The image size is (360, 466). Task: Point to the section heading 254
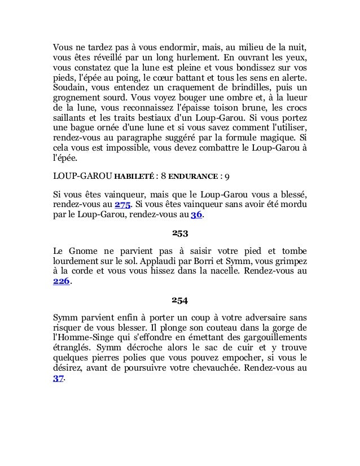[x=179, y=300]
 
